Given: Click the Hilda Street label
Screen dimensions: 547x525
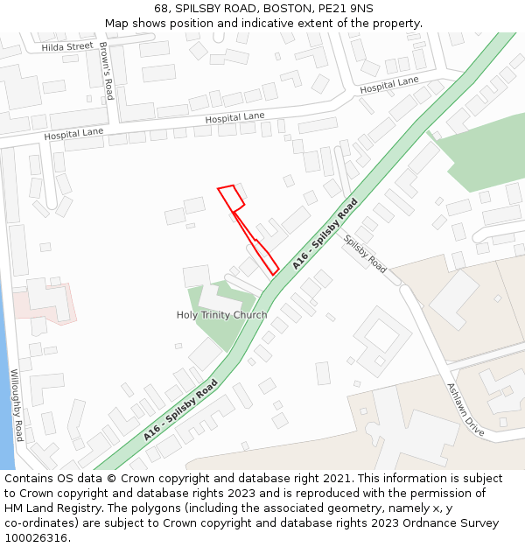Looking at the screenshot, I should point(66,46).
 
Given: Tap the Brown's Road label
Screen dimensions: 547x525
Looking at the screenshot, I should point(106,71).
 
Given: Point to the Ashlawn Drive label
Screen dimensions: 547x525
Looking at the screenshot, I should point(465,410).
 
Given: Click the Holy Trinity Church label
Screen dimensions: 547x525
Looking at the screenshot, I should point(222,315).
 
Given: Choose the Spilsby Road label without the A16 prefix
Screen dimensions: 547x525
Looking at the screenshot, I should point(365,254).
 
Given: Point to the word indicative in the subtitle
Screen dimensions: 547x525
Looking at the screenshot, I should point(315,23).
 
